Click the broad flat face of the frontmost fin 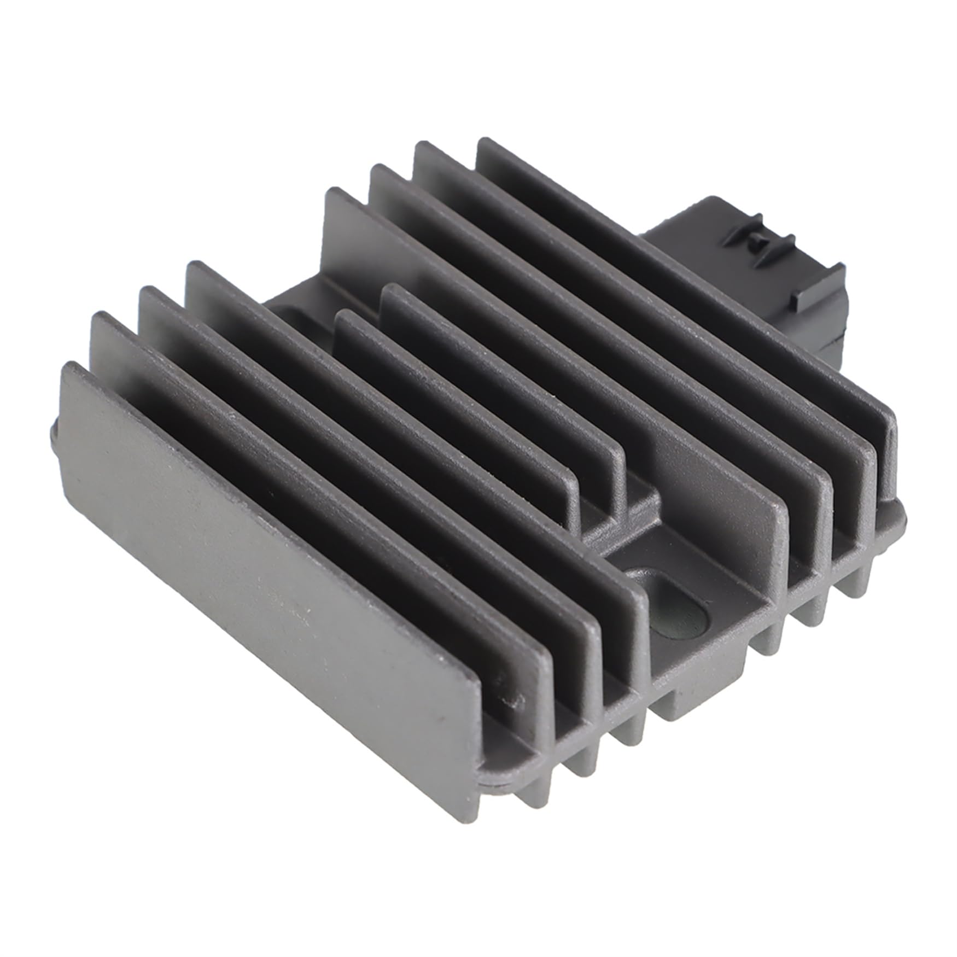(262, 547)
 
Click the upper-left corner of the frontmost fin (68, 365)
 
